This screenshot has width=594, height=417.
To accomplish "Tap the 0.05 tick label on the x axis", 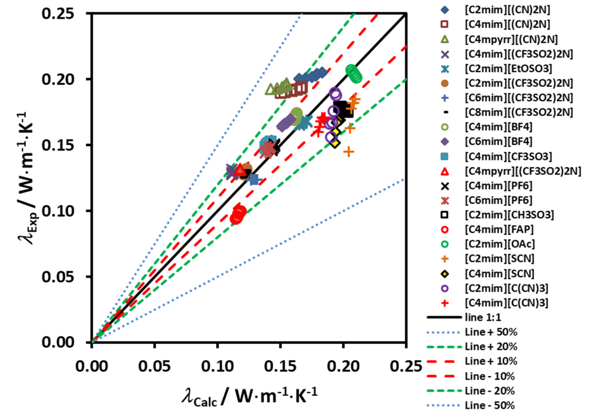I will coord(154,366).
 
